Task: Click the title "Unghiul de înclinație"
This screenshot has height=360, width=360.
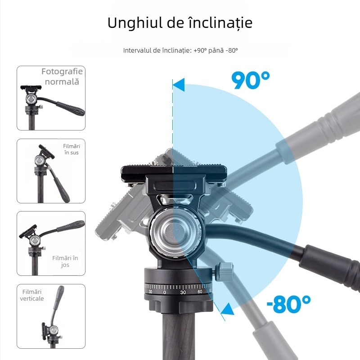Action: pyautogui.click(x=180, y=23)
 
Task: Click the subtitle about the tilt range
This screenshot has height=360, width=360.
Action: pyautogui.click(x=180, y=50)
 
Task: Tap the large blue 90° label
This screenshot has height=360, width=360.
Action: pyautogui.click(x=250, y=80)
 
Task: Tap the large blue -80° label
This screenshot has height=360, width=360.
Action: pyautogui.click(x=288, y=305)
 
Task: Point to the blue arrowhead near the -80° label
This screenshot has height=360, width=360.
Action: pyautogui.click(x=228, y=310)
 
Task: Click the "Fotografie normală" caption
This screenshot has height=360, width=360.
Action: pyautogui.click(x=62, y=76)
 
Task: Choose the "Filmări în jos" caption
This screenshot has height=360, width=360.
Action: pyautogui.click(x=65, y=261)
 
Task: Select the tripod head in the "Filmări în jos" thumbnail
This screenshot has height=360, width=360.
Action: pyautogui.click(x=32, y=238)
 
